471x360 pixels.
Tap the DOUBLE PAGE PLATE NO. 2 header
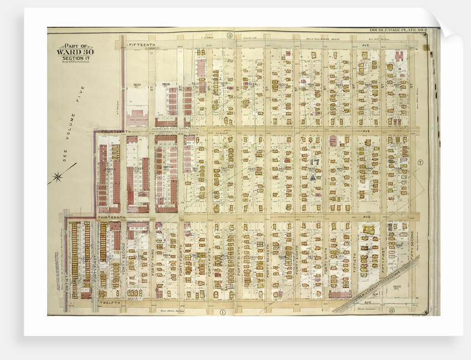396,30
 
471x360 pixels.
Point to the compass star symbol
57,178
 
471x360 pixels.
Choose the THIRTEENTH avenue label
112,218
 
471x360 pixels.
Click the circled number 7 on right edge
421,162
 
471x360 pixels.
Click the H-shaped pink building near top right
398,56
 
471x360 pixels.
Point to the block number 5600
137,85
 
